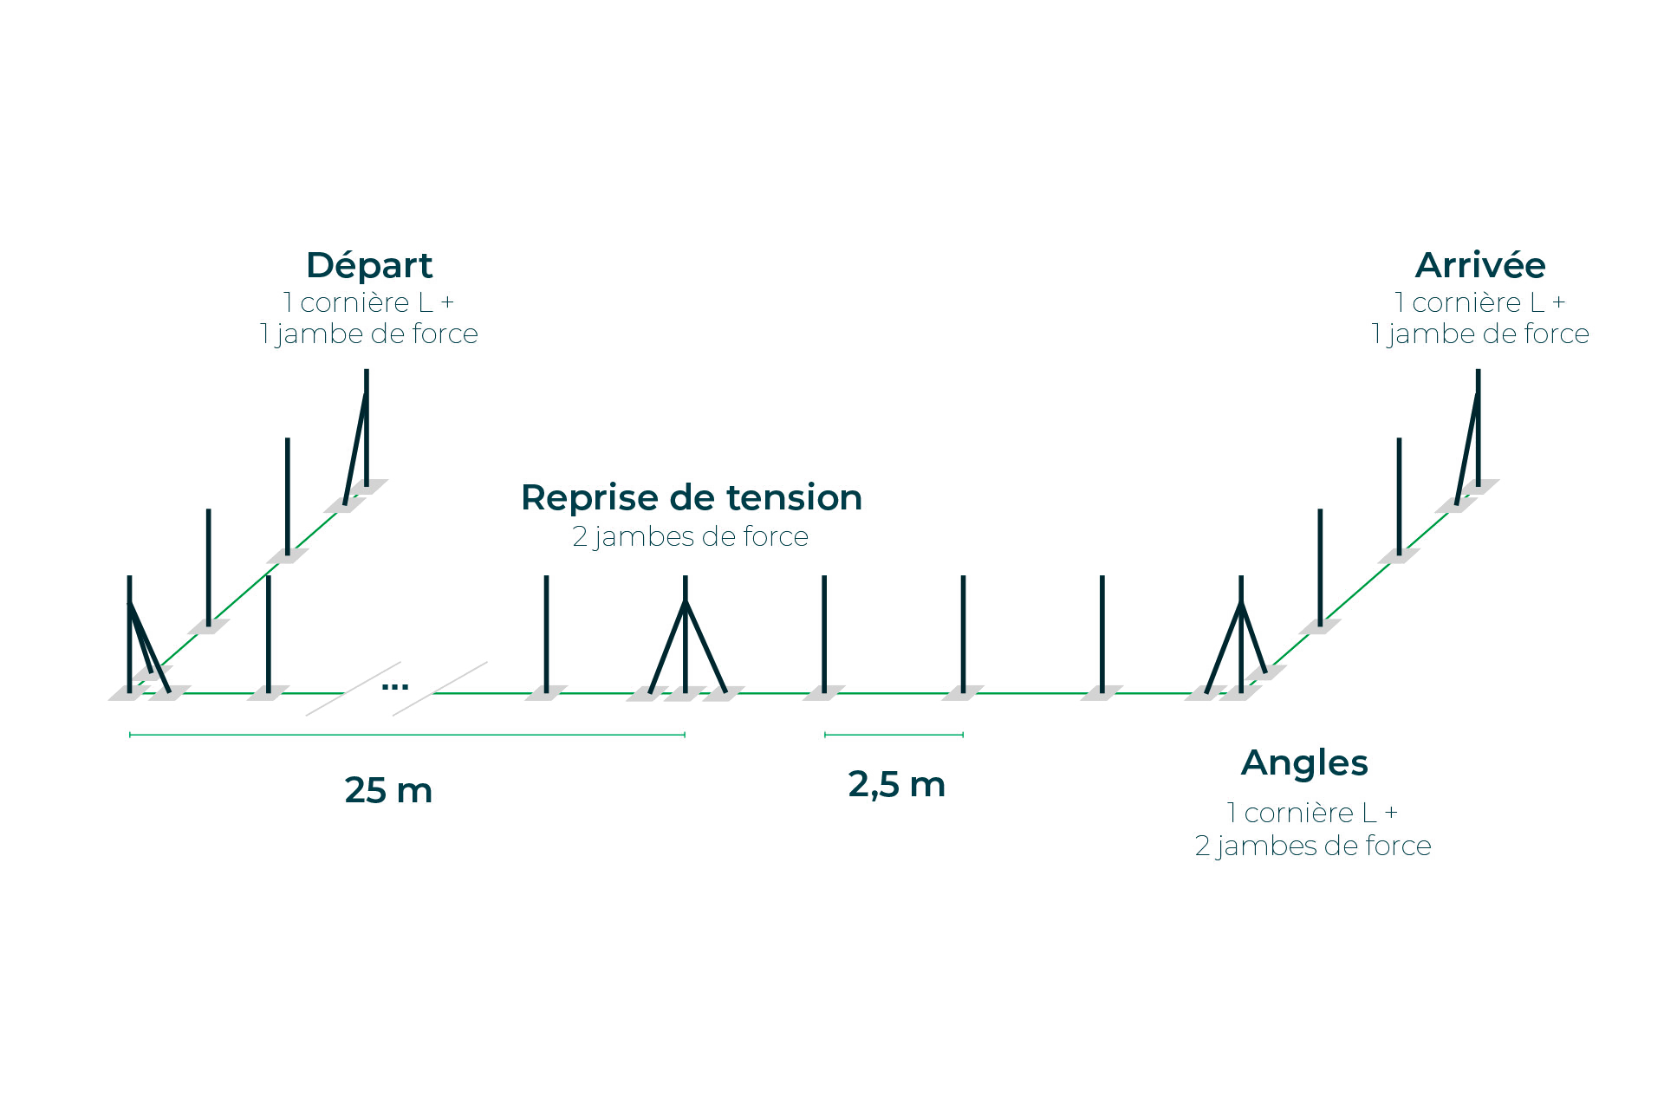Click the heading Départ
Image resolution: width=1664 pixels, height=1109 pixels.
[x=369, y=265]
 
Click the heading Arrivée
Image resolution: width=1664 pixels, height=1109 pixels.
[x=1479, y=265]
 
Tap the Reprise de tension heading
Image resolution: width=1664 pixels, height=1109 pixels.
[x=692, y=497]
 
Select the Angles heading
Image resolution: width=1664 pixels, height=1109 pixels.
[x=1304, y=762]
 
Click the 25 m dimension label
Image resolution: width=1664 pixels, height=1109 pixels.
[x=388, y=790]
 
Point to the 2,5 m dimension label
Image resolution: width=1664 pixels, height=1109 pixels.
[x=896, y=784]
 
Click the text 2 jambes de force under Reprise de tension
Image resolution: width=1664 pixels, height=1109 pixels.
[x=691, y=537]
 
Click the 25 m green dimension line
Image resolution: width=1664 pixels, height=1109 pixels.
[x=407, y=735]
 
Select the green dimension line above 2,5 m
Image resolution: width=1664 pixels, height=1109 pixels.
[x=894, y=735]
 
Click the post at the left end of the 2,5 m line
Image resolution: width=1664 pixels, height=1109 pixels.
[x=824, y=632]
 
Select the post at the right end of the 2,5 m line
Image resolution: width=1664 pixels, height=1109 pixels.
[x=963, y=632]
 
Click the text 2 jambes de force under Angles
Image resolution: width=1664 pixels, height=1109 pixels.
[x=1313, y=846]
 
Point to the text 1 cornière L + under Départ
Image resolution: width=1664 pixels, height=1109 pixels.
[x=369, y=302]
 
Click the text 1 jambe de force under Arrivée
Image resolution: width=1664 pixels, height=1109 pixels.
[x=1479, y=334]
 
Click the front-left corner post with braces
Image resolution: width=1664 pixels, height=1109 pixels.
[x=130, y=632]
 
